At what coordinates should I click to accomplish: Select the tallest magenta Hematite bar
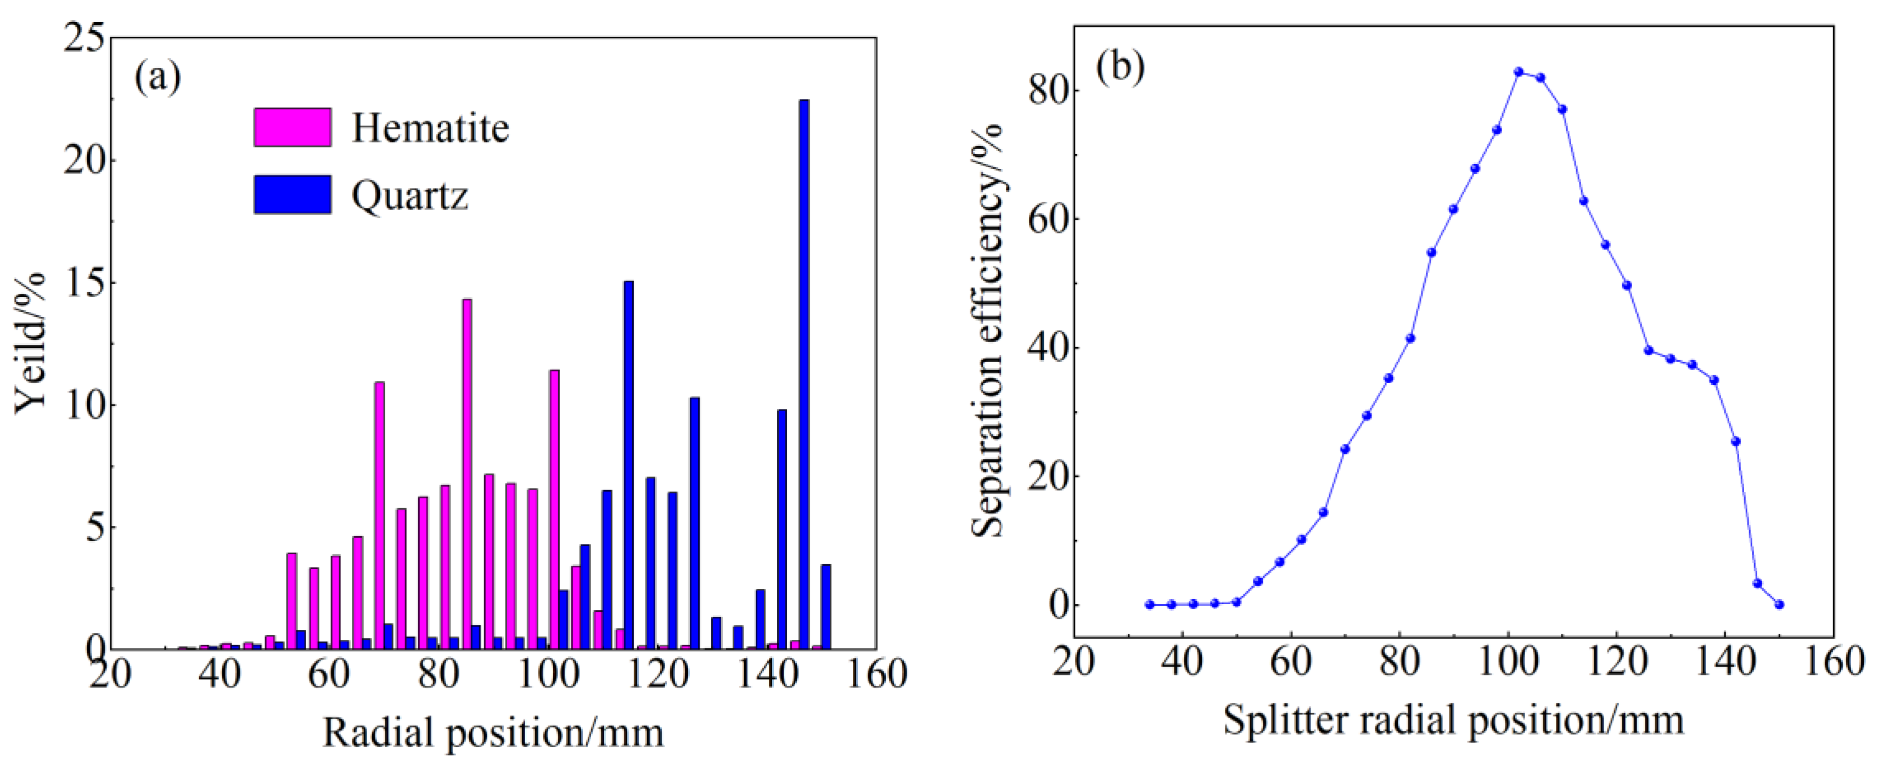click(x=466, y=474)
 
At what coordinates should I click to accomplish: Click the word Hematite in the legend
click(x=430, y=128)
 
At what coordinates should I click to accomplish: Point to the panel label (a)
click(x=158, y=77)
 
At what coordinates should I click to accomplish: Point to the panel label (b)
click(x=1121, y=67)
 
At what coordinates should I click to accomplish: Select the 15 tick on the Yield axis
click(x=85, y=283)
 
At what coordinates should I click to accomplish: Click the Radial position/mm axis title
click(x=493, y=732)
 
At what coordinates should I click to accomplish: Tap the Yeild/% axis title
click(x=31, y=343)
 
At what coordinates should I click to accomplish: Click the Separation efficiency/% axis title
click(x=988, y=332)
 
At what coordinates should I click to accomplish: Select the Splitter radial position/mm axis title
click(x=1453, y=720)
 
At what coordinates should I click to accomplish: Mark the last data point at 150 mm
click(x=1779, y=604)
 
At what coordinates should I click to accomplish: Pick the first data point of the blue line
click(x=1150, y=604)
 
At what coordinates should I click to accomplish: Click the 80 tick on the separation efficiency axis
click(x=1047, y=90)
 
